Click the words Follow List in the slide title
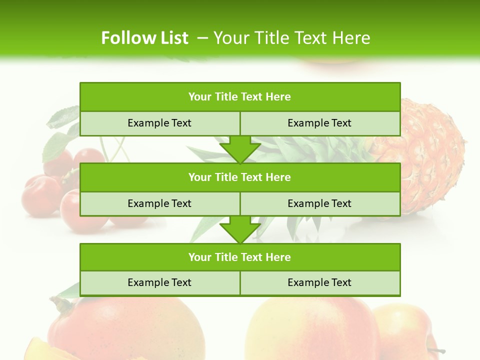144,38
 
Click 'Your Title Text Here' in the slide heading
292,38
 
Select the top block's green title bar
240,97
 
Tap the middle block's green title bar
240,177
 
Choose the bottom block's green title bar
240,257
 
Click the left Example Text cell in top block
160,123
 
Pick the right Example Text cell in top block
320,123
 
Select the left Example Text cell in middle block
160,203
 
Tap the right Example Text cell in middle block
320,203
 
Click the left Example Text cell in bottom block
160,282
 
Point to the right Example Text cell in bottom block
320,282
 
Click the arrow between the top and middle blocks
240,149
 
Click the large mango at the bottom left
125,330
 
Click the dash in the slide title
203,38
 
